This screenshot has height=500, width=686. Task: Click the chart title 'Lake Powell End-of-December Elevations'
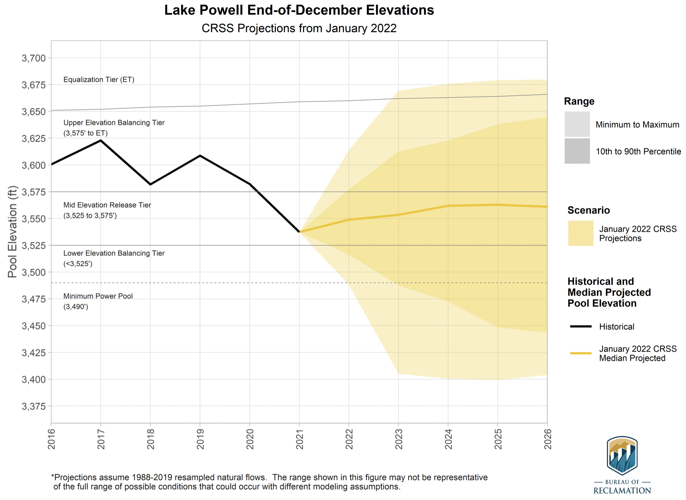coord(299,10)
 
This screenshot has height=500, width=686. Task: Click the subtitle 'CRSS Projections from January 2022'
coord(299,28)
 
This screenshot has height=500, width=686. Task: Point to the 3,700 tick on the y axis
coord(34,58)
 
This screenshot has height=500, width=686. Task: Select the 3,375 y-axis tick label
coord(34,407)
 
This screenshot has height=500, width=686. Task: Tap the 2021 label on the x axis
coord(300,439)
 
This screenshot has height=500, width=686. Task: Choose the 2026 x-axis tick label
coord(548,439)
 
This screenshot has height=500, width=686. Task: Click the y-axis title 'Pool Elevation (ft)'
coord(12,232)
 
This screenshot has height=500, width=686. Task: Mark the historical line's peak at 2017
coord(101,141)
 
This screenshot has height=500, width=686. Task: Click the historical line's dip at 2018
coord(150,184)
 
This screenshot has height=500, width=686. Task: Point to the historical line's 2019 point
coord(200,155)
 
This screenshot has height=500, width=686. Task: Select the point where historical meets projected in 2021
coord(300,232)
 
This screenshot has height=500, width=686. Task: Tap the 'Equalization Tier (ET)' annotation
coord(99,80)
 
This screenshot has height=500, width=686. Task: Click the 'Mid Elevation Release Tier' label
coord(107,205)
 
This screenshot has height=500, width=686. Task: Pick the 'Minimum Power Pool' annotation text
coord(98,296)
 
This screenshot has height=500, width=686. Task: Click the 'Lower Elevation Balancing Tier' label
coord(114,253)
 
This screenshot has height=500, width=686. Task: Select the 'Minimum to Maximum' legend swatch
coord(577,124)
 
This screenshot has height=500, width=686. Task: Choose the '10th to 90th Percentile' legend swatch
coord(577,151)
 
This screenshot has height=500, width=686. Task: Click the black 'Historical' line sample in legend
coord(581,326)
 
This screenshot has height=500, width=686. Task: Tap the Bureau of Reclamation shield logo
coord(622,455)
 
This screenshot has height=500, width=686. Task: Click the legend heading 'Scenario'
coord(588,210)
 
